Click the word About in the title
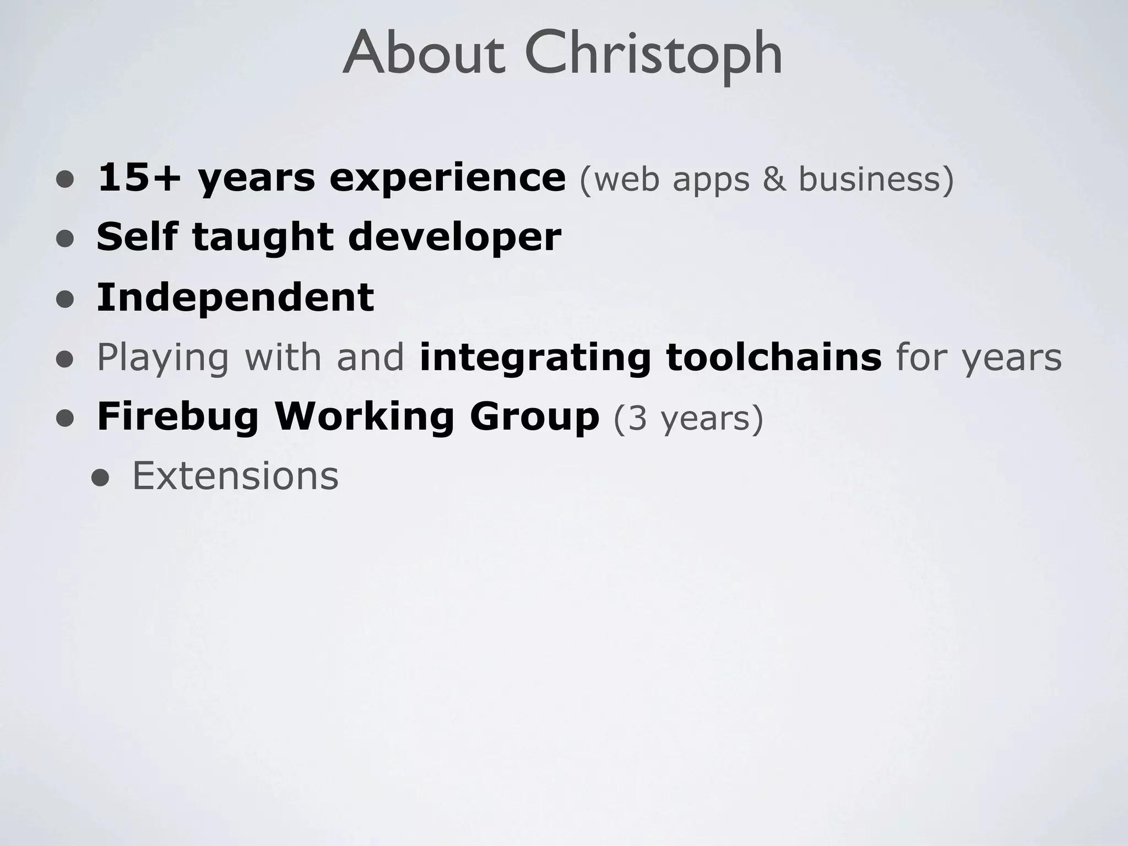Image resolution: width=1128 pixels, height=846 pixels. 424,54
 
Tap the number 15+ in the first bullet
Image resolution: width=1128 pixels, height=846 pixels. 139,178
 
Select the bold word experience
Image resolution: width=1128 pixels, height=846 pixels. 447,178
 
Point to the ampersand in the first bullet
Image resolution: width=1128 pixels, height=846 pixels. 774,179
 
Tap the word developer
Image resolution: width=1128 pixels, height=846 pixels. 454,238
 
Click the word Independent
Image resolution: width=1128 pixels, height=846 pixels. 235,297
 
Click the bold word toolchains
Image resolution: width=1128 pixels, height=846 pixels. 774,357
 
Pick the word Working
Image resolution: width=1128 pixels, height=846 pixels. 364,417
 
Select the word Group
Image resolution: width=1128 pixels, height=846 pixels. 534,417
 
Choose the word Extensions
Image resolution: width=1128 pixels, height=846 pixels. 235,476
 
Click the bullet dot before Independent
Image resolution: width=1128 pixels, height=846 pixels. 65,299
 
